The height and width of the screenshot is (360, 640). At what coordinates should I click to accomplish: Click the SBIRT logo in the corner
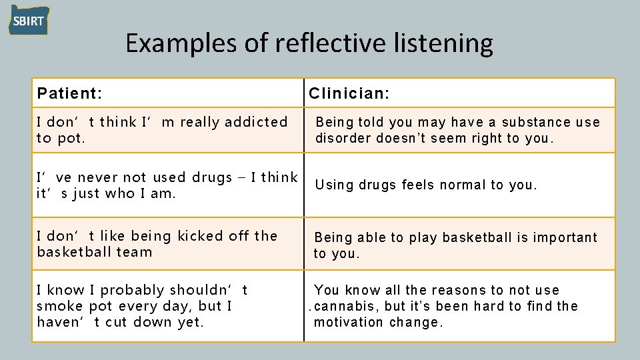[x=29, y=20]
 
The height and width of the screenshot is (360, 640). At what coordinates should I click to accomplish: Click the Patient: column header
[x=69, y=93]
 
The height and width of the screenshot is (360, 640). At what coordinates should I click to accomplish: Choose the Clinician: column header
[x=349, y=93]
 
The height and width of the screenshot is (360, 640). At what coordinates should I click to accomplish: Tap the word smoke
[x=59, y=306]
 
